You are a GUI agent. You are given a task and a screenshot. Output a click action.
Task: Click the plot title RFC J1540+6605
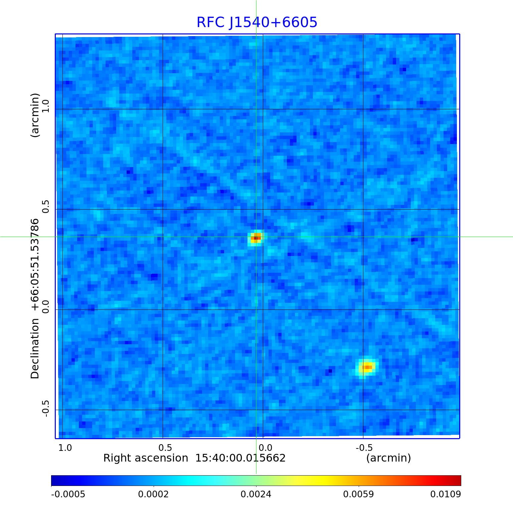click(256, 22)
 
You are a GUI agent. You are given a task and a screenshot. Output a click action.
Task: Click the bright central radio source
click(256, 238)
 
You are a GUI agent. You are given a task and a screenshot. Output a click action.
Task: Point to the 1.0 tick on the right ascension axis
click(65, 448)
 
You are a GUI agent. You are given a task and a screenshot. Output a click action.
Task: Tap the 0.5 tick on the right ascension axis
click(165, 448)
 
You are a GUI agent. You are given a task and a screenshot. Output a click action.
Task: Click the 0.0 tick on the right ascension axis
click(265, 448)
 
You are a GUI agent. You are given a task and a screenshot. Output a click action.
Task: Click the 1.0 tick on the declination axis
click(45, 105)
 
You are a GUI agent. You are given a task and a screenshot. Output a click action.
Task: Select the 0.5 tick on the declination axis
click(45, 206)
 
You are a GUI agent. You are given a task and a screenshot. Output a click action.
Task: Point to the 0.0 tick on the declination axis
click(45, 306)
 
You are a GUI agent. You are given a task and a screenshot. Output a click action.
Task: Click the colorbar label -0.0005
click(68, 494)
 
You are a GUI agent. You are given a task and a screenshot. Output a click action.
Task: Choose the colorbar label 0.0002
click(154, 494)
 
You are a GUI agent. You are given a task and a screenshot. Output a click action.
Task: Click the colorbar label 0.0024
click(256, 494)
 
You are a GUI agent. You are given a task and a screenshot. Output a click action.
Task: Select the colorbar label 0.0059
click(359, 494)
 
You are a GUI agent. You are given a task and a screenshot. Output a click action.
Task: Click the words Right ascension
click(146, 458)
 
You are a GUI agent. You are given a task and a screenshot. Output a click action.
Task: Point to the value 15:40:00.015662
click(240, 458)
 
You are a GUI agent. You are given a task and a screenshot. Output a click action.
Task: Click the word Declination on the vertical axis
click(35, 348)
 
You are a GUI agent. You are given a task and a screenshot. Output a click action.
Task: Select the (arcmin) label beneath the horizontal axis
click(388, 458)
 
